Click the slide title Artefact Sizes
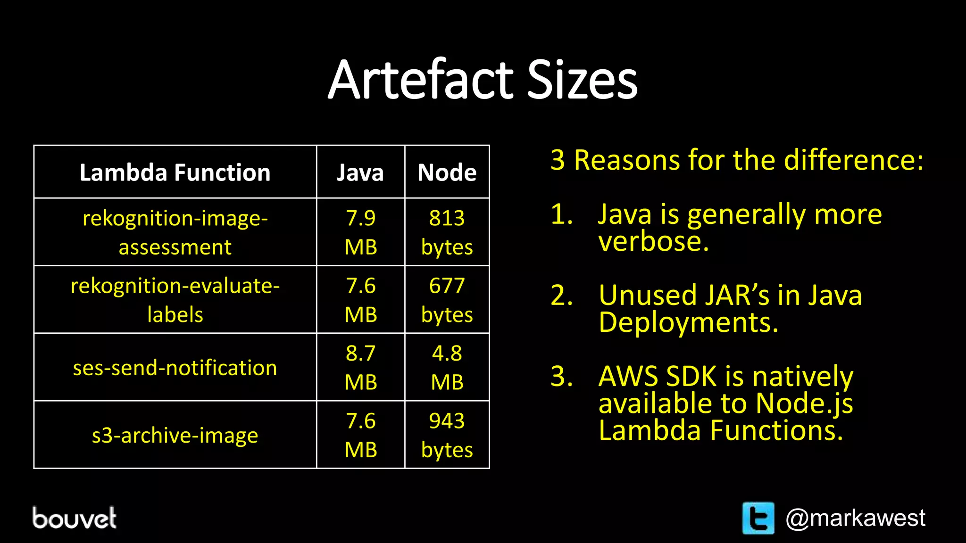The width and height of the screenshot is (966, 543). click(483, 80)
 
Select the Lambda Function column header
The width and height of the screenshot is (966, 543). click(175, 173)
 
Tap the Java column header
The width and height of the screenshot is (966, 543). click(360, 173)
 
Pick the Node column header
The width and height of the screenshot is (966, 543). click(447, 173)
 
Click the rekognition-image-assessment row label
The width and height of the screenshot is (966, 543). click(175, 232)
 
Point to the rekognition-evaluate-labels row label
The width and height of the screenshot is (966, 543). click(175, 300)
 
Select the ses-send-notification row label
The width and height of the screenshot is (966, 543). click(175, 368)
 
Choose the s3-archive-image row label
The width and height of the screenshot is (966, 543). click(175, 435)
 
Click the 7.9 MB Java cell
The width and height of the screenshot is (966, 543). click(361, 232)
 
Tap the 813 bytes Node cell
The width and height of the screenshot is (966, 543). click(447, 232)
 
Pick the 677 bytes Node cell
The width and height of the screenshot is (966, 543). click(447, 300)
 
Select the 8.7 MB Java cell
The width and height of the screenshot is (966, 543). click(361, 368)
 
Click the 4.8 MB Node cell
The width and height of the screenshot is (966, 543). click(447, 368)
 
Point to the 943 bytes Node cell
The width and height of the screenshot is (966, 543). click(447, 435)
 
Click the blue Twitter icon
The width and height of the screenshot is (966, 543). click(758, 518)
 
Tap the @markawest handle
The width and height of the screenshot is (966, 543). click(855, 518)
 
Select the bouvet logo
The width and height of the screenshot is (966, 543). click(74, 518)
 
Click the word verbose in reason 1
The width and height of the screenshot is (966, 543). click(653, 241)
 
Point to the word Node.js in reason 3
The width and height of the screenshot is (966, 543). click(804, 404)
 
